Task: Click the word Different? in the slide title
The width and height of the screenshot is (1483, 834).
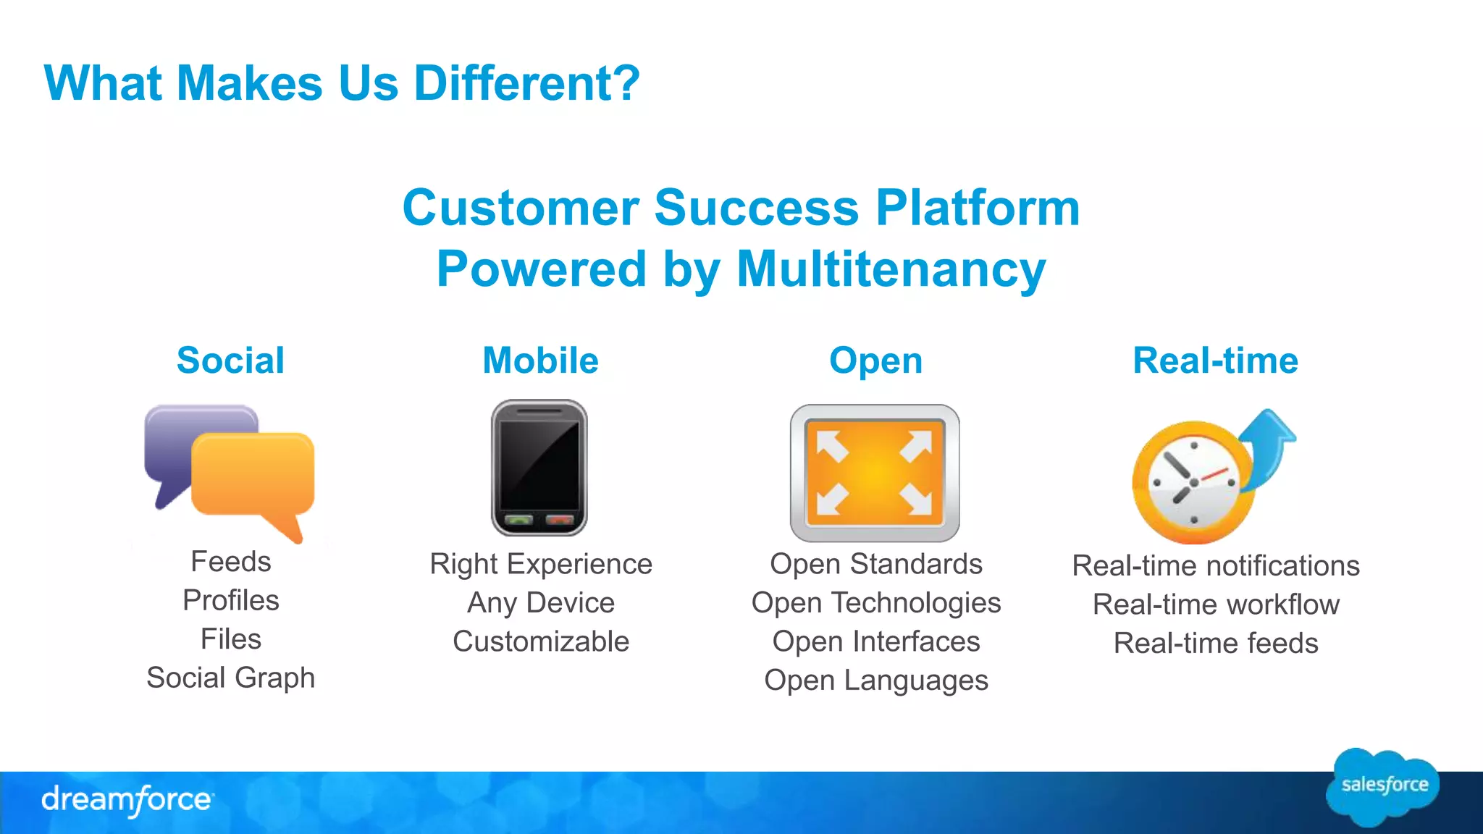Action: point(526,83)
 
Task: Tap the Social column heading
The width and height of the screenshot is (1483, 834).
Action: point(230,361)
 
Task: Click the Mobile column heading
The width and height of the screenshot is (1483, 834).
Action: point(540,361)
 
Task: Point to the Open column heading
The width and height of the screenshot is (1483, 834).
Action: point(875,361)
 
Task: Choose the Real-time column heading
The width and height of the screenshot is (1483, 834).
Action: point(1215,361)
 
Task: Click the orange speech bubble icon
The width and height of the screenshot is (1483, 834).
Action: point(253,474)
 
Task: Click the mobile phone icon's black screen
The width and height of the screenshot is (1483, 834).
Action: point(539,463)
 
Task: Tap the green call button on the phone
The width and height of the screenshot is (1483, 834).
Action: point(518,520)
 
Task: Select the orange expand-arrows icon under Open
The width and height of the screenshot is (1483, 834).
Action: point(875,473)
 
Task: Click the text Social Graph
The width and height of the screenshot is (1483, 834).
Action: point(230,678)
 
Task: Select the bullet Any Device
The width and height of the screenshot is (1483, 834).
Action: point(540,602)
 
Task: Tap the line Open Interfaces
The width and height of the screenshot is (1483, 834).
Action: point(875,641)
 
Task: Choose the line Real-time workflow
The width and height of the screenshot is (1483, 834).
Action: point(1215,604)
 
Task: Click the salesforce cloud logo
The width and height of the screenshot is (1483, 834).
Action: point(1383,786)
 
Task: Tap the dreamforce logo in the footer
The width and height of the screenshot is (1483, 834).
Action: point(127,799)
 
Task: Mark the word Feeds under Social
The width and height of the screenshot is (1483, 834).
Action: point(230,562)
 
